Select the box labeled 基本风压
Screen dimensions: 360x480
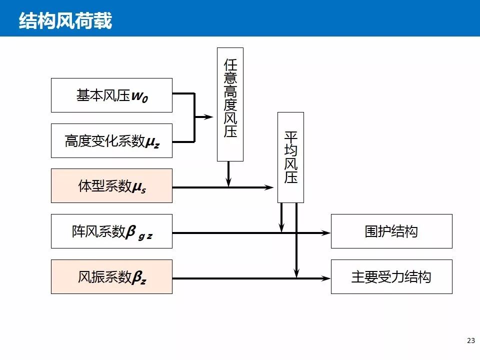pyautogui.click(x=111, y=95)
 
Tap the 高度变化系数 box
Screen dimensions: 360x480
pyautogui.click(x=111, y=141)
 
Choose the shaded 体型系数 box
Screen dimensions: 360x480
pyautogui.click(x=111, y=186)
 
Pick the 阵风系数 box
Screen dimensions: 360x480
pyautogui.click(x=111, y=231)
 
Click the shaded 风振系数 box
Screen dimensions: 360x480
pyautogui.click(x=111, y=277)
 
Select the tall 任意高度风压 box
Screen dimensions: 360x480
pyautogui.click(x=230, y=104)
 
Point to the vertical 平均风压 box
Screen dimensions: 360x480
pyautogui.click(x=290, y=157)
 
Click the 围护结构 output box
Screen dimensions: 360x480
pyautogui.click(x=391, y=231)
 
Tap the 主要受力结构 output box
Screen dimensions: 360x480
pyautogui.click(x=391, y=277)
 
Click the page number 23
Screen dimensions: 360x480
pyautogui.click(x=470, y=341)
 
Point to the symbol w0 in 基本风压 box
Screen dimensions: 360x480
pyautogui.click(x=139, y=96)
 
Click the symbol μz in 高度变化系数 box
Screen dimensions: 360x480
pyautogui.click(x=152, y=142)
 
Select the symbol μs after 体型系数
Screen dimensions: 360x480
pyautogui.click(x=139, y=187)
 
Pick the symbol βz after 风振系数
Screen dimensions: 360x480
pyautogui.click(x=139, y=278)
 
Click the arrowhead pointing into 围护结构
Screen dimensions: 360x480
pyautogui.click(x=326, y=232)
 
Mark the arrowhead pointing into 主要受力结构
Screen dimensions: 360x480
pyautogui.click(x=326, y=278)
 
